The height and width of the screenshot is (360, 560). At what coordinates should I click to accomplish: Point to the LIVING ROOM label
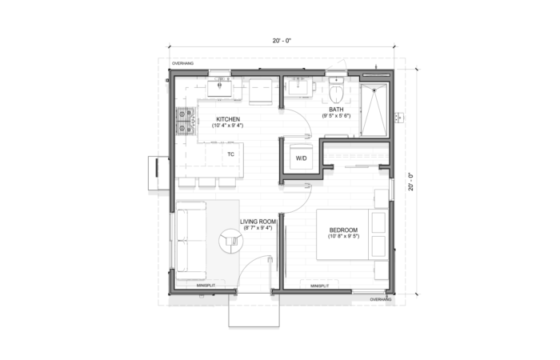click(x=258, y=223)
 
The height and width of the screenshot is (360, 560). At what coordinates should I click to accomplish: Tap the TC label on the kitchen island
click(x=230, y=154)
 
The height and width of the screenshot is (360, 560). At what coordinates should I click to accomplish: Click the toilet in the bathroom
click(x=336, y=84)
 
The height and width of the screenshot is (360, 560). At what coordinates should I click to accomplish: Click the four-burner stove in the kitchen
click(x=186, y=121)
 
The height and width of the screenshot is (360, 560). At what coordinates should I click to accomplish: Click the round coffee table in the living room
click(x=232, y=239)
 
